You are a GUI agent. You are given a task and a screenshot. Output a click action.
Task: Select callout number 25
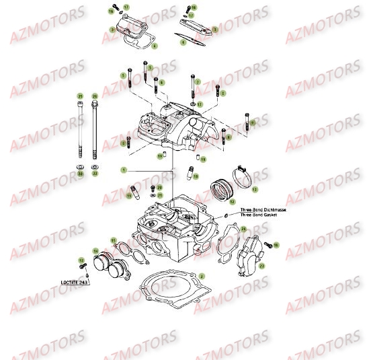[80, 96]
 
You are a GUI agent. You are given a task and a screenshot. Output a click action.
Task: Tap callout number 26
[95, 96]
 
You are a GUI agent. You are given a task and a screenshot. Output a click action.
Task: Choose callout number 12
[233, 201]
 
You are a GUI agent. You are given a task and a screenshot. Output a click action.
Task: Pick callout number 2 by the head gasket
[200, 276]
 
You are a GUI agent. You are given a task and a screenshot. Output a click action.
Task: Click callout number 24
[243, 229]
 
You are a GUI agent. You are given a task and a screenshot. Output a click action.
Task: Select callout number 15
[113, 239]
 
